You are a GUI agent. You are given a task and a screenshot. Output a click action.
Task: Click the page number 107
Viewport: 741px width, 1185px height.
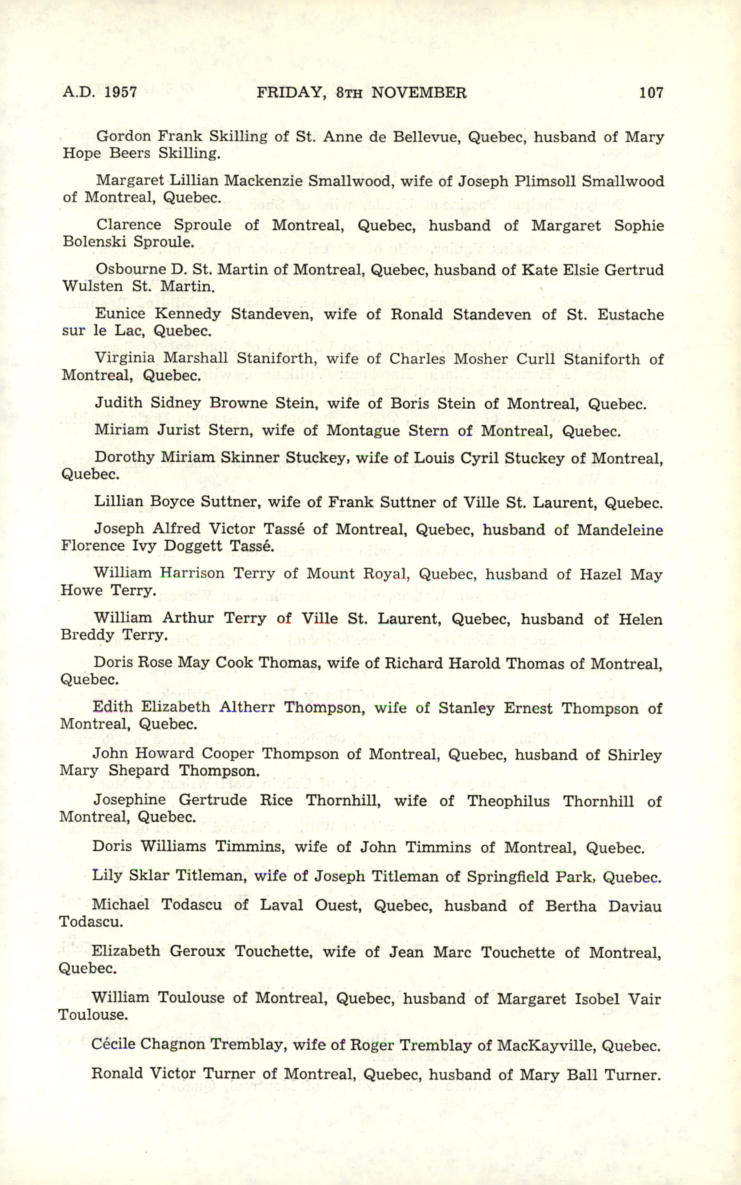651,92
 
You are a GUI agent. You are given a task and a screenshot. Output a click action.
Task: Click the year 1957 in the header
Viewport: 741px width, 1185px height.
121,92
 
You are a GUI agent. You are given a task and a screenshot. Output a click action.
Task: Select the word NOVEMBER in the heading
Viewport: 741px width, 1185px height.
418,93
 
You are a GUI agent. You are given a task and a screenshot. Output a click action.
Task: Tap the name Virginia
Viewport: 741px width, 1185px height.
124,358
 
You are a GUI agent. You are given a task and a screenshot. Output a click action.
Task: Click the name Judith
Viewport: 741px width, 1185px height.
118,403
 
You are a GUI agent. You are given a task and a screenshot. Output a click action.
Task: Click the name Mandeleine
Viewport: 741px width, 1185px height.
620,530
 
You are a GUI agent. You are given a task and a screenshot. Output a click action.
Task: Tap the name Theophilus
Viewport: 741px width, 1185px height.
508,801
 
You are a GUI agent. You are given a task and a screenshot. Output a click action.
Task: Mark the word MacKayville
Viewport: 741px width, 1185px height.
546,1046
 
